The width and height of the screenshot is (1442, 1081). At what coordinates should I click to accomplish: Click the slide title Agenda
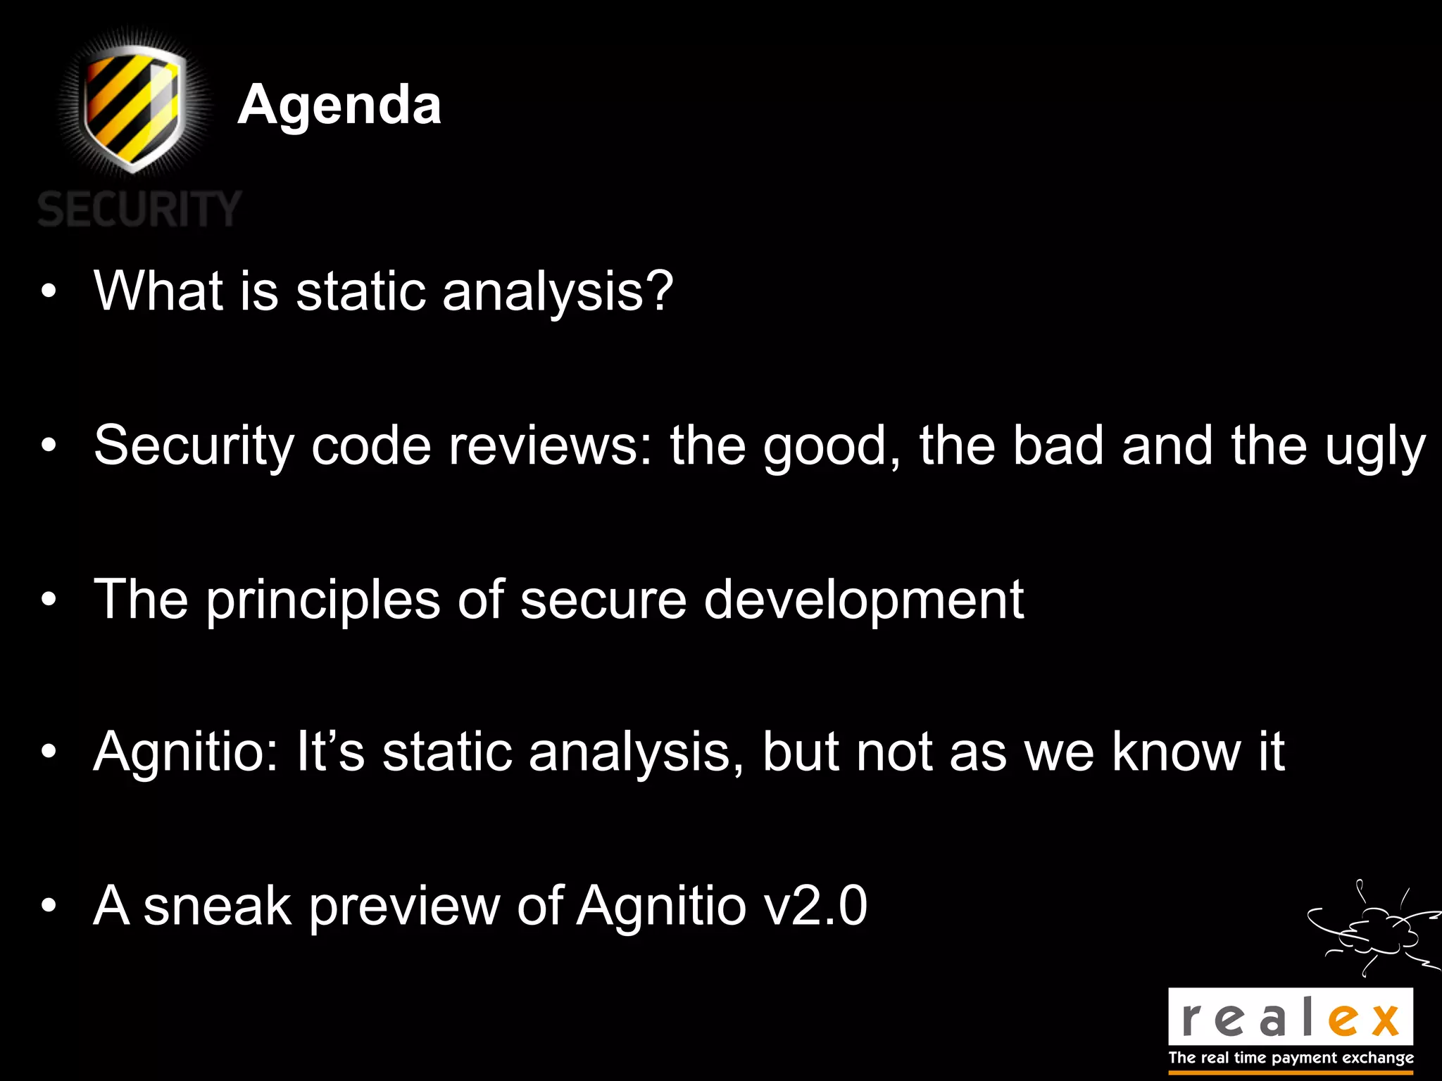coord(339,105)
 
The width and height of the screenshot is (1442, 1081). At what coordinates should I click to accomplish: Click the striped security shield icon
coord(134,106)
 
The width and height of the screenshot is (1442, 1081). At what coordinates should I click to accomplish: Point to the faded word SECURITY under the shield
coord(139,209)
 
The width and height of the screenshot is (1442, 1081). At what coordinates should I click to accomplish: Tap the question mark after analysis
coord(660,291)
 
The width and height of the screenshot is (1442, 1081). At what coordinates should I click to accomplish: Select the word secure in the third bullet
coord(603,600)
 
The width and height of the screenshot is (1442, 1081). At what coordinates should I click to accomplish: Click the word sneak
coord(218,906)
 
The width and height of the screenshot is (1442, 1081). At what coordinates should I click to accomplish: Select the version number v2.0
coord(815,906)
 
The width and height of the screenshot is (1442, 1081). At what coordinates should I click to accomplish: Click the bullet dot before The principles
coord(48,600)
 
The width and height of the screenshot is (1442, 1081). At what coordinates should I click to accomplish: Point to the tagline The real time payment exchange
coord(1291,1058)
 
